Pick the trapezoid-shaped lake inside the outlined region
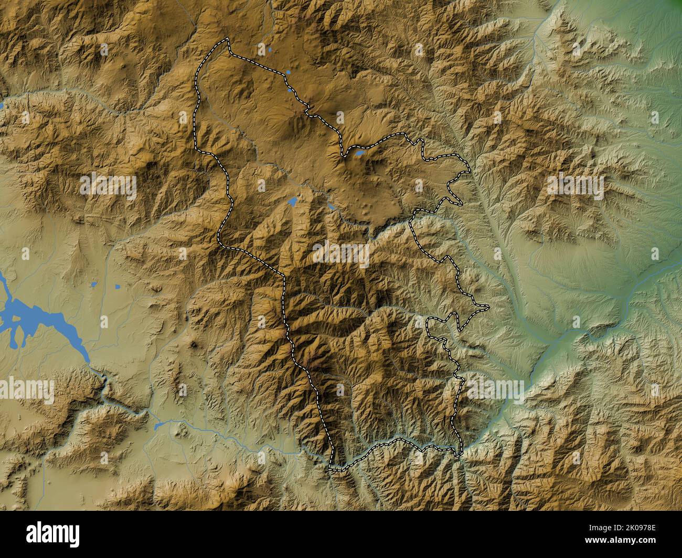click(x=293, y=201)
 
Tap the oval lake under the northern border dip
click(x=359, y=154)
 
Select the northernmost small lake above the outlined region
click(x=269, y=50)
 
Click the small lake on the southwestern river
click(x=158, y=426)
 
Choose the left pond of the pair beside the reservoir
click(x=94, y=285)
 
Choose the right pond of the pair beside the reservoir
click(x=116, y=286)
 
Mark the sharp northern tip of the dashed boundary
click(x=228, y=39)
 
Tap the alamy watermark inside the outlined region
click(x=341, y=253)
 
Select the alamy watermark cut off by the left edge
click(x=26, y=390)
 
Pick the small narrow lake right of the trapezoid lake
click(x=332, y=207)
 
